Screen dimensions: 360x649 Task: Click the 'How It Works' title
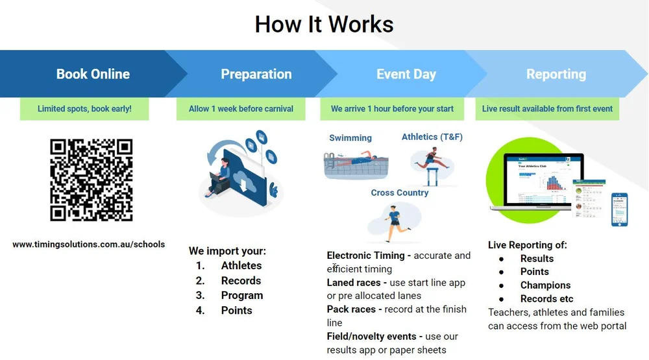click(324, 25)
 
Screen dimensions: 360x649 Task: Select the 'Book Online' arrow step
click(93, 74)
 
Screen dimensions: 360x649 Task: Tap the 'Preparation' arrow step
click(256, 74)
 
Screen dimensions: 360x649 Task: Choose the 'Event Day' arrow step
click(406, 74)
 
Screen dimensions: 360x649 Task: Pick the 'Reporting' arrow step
click(556, 74)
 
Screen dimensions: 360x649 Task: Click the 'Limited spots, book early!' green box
click(84, 109)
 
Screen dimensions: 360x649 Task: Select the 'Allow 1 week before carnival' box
click(241, 109)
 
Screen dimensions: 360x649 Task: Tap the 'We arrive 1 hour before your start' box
click(392, 109)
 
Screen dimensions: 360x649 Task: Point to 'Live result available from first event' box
click(547, 109)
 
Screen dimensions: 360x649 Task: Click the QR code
click(92, 180)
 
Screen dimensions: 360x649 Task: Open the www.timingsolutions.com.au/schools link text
click(88, 245)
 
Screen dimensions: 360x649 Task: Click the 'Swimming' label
click(350, 138)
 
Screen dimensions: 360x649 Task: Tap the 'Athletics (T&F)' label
click(432, 137)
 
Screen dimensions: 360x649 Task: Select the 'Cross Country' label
click(399, 193)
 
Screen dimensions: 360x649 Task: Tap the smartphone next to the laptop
click(619, 210)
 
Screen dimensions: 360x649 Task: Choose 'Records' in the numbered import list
click(241, 280)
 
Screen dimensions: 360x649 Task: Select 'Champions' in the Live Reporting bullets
click(545, 285)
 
